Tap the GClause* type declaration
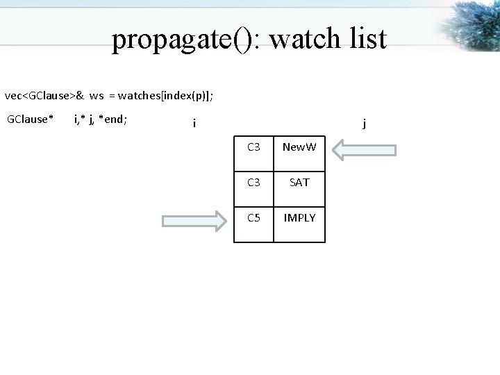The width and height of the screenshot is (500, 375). (30, 119)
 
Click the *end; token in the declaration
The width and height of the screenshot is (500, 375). (112, 119)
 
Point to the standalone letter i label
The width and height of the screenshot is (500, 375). (194, 124)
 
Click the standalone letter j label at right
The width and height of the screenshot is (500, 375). (364, 124)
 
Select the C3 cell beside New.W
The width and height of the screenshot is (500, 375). (253, 147)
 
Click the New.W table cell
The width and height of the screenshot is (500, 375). (299, 147)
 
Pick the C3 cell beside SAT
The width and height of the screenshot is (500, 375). (253, 182)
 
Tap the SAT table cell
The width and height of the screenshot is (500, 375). (299, 182)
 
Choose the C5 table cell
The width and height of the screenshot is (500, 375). (253, 217)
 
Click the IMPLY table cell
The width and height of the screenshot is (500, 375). (299, 217)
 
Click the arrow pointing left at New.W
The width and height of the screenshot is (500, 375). (364, 149)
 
